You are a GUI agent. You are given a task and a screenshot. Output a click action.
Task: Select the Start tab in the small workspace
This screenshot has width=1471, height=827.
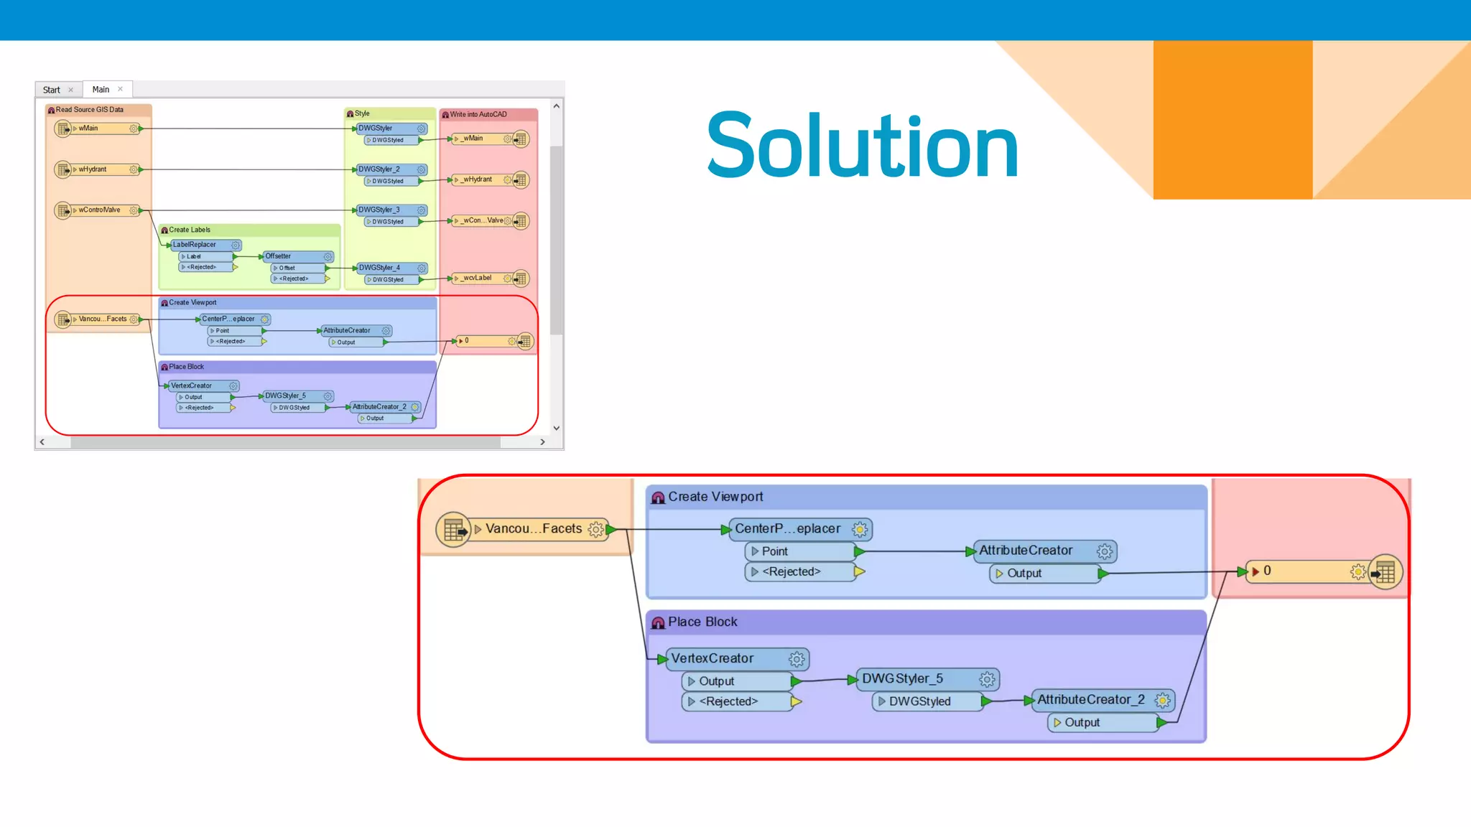[x=52, y=90]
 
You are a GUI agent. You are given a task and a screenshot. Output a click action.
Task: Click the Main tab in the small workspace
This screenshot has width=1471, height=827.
[x=101, y=89]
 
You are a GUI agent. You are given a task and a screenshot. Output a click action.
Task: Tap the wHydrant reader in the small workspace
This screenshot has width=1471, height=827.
[x=93, y=169]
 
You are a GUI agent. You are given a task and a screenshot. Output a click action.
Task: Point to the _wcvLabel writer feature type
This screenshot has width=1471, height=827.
[x=478, y=278]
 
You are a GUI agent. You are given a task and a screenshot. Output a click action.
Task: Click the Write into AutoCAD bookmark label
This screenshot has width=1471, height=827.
[x=478, y=114]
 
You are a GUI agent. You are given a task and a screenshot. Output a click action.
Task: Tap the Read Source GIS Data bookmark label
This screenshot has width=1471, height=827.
[x=90, y=110]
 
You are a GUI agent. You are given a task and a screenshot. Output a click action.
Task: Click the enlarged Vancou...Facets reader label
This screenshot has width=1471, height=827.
[x=534, y=529]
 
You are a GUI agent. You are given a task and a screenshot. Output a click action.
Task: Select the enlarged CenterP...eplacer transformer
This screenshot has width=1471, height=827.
[x=788, y=529]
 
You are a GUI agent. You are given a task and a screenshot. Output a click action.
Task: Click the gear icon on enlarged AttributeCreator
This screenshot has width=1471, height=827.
[x=1105, y=551]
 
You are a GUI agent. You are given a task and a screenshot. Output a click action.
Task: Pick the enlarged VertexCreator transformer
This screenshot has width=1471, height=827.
[x=713, y=658]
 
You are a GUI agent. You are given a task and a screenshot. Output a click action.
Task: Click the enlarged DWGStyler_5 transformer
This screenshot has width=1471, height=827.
[x=903, y=678]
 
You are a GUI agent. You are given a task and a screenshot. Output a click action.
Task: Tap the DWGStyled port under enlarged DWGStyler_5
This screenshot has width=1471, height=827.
[x=919, y=701]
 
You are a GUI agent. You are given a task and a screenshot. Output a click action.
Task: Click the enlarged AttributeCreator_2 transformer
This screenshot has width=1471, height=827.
[x=1090, y=699]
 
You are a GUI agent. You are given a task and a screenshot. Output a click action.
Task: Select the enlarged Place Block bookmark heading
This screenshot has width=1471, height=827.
[x=702, y=622]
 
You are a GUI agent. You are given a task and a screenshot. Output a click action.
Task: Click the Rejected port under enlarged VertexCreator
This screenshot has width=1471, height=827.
[x=728, y=701]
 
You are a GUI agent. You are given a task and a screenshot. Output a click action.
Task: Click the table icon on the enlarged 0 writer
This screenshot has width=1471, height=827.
[x=1385, y=571]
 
